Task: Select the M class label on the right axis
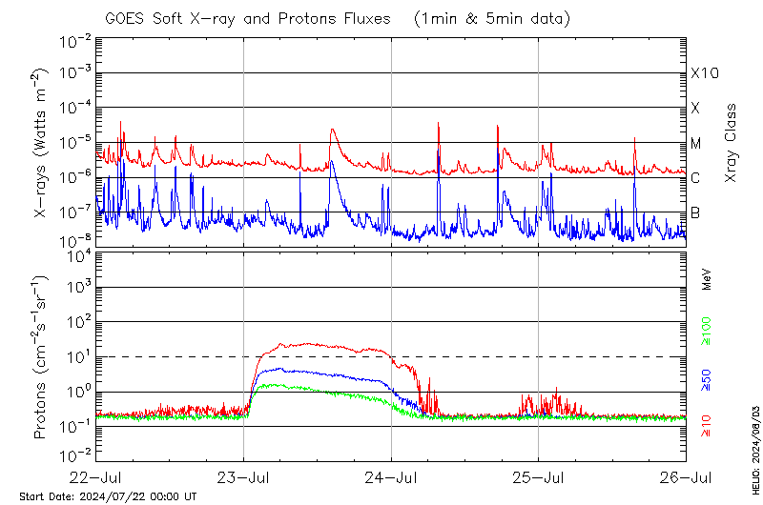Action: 696,144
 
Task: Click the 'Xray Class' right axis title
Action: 731,143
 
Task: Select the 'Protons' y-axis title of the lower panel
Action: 42,356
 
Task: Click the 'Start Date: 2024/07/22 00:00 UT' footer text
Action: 108,496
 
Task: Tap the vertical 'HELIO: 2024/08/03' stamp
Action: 754,447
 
